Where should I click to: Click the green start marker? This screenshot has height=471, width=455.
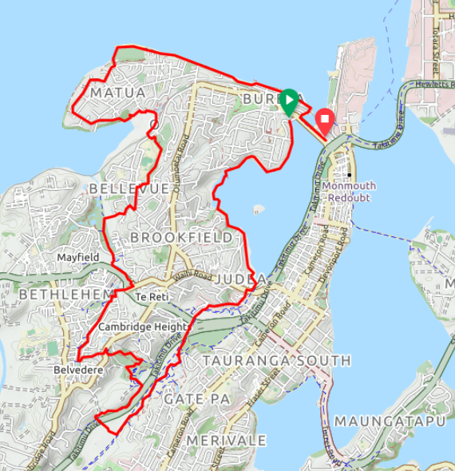289,101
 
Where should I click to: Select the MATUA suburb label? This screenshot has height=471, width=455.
118,93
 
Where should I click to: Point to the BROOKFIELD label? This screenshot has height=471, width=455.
181,238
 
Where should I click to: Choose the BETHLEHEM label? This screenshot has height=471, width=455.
65,295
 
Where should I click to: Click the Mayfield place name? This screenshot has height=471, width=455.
77,258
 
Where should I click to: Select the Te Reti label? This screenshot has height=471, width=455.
150,297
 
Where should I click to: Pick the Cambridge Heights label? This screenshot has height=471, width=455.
144,327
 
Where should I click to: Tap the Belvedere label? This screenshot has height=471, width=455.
77,370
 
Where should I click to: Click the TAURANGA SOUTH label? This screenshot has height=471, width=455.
276,361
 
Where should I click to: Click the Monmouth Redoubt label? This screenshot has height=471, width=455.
349,192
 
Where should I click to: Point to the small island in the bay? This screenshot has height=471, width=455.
258,211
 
